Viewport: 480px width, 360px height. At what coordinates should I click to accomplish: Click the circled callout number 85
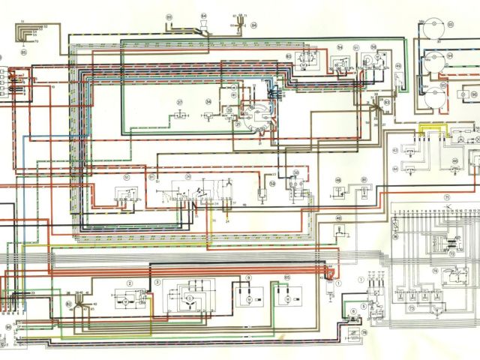(x=23, y=53)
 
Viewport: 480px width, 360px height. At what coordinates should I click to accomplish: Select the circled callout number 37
(x=180, y=102)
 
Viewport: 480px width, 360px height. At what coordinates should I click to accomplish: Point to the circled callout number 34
(x=208, y=101)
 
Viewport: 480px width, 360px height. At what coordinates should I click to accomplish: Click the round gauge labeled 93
(x=433, y=28)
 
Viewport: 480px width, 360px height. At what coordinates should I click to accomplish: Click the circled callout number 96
(x=473, y=95)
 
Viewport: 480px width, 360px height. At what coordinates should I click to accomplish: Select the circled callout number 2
(x=130, y=283)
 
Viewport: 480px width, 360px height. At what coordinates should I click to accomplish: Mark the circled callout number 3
(x=157, y=282)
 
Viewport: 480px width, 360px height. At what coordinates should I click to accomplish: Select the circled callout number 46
(x=338, y=218)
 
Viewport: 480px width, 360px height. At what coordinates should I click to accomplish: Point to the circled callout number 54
(x=339, y=46)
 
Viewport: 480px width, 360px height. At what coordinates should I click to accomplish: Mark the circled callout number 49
(x=397, y=66)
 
